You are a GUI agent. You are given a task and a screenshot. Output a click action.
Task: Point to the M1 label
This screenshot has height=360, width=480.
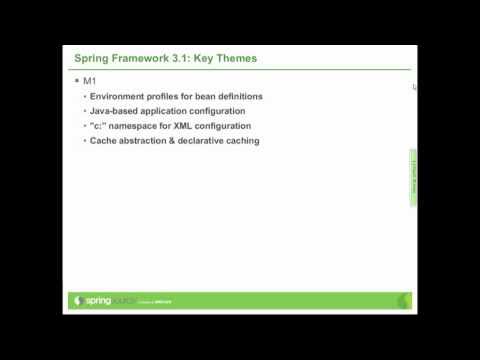pyautogui.click(x=89, y=80)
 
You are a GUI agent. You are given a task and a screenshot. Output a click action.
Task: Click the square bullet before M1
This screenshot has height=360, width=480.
pyautogui.click(x=76, y=80)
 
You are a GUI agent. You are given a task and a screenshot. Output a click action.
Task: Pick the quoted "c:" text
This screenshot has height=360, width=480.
pyautogui.click(x=98, y=126)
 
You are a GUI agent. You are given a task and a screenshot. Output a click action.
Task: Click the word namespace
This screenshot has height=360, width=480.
pyautogui.click(x=136, y=126)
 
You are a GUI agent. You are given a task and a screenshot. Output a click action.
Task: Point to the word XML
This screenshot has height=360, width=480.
pyautogui.click(x=186, y=126)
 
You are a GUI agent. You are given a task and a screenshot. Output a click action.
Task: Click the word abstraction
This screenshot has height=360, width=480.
pyautogui.click(x=147, y=141)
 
